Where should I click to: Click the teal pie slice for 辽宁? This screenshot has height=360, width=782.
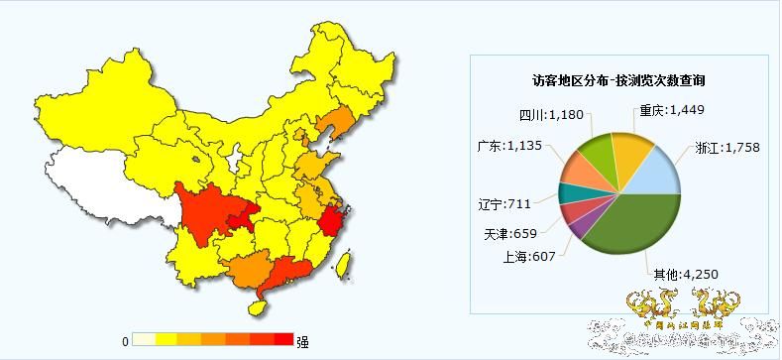[x=569, y=193]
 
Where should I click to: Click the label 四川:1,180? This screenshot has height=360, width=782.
[x=553, y=114]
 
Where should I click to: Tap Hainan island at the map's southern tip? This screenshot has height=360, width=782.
[x=256, y=307]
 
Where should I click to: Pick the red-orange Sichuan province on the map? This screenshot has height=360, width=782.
[x=213, y=213]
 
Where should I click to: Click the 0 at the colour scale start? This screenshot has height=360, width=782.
[x=125, y=341]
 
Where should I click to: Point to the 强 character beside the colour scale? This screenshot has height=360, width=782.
[x=301, y=342]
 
